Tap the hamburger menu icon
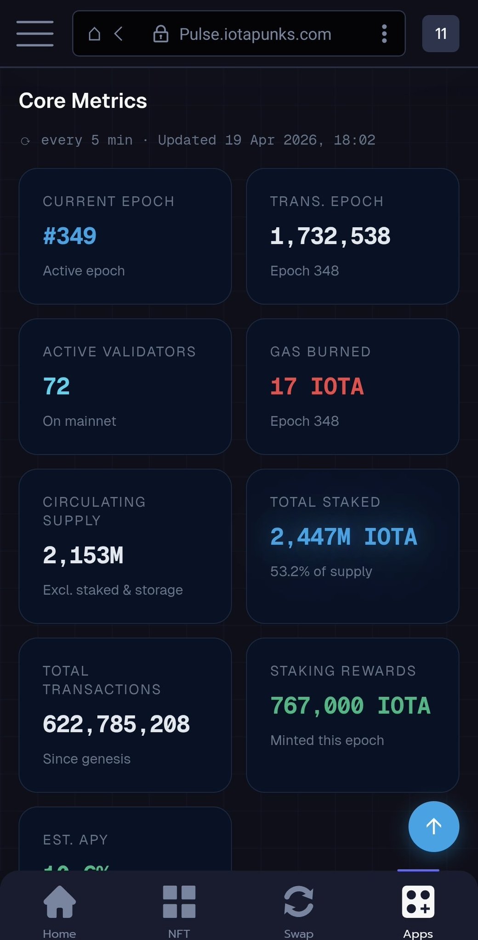pos(35,34)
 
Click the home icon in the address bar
pos(94,34)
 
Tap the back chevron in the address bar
pos(119,34)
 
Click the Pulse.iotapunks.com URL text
pos(255,34)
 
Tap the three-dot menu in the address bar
pos(384,34)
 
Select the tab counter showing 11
pos(440,34)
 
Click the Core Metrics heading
pos(83,101)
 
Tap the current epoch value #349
pos(69,236)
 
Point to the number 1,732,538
pos(330,236)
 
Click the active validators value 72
pos(56,386)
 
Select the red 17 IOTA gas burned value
pos(317,386)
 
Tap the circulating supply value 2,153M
pos(83,555)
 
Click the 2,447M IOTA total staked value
pos(343,537)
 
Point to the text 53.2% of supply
pos(321,571)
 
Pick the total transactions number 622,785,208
pos(116,724)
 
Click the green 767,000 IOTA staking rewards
pos(350,706)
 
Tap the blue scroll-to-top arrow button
pos(433,826)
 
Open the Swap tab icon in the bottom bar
pos(299,901)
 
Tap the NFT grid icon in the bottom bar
pos(179,901)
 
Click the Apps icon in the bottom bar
pos(418,901)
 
